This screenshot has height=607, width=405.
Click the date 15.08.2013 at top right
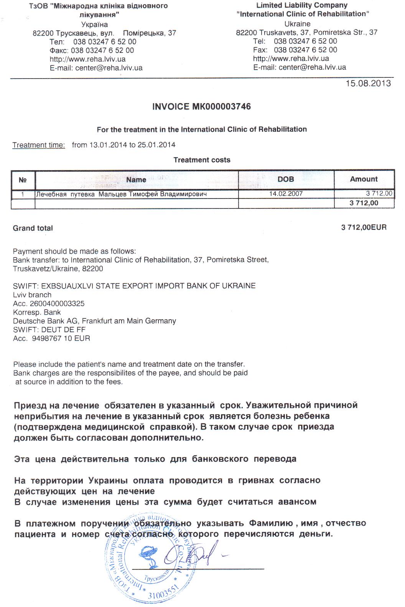[368, 83]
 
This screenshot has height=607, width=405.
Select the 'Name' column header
[136, 179]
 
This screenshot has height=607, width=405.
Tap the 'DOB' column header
[286, 179]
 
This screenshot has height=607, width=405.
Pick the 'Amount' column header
[364, 179]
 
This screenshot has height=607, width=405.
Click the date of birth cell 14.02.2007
[286, 194]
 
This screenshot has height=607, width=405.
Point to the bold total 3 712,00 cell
[364, 203]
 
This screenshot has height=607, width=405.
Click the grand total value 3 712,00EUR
[364, 228]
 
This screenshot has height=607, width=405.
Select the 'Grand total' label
[33, 228]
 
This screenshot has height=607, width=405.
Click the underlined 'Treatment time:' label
[39, 145]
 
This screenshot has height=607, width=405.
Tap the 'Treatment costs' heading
[202, 160]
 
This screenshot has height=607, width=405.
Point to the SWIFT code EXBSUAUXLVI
[58, 286]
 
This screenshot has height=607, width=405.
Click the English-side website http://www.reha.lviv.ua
[291, 59]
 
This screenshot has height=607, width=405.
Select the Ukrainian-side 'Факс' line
[92, 51]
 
